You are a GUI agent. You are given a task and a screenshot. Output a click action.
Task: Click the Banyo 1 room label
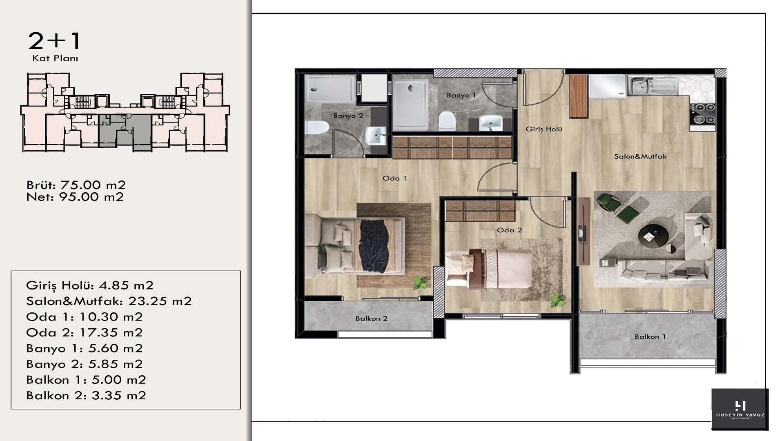point(461,95)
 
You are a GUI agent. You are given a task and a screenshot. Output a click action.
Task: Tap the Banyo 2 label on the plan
point(348,116)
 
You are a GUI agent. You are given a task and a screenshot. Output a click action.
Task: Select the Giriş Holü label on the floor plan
point(544,129)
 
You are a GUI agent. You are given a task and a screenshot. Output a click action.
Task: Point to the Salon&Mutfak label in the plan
point(640,156)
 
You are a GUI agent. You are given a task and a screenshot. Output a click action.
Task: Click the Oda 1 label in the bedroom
point(394,178)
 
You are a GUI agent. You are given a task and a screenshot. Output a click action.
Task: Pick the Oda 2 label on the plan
point(509,230)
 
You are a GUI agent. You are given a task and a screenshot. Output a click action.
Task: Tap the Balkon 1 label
point(650,336)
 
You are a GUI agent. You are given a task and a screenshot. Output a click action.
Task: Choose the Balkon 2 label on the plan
point(371,318)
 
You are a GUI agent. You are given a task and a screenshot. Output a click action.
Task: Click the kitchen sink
point(652,86)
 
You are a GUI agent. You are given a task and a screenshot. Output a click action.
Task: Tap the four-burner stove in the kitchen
point(702,114)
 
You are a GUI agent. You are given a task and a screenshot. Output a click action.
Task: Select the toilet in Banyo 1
point(447,121)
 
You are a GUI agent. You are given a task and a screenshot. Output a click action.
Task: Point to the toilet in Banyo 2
point(316,127)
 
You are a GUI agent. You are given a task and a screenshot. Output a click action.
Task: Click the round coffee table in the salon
point(653,236)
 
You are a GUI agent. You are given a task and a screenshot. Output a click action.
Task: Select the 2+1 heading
point(54,41)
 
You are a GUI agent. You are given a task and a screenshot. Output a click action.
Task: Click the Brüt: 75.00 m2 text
point(76,185)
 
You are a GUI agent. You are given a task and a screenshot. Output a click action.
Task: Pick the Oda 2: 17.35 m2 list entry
point(85,332)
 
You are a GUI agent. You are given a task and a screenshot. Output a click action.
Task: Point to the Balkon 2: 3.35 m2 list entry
point(86,395)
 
